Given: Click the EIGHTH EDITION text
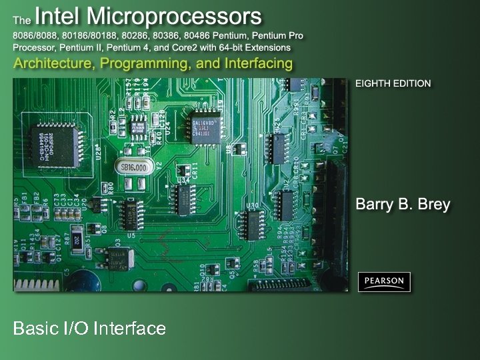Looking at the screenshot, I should coord(393,83).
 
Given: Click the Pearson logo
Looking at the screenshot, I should coord(384,281).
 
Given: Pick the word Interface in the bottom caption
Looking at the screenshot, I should coord(130,328).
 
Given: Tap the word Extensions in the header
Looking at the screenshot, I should coord(267,47).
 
